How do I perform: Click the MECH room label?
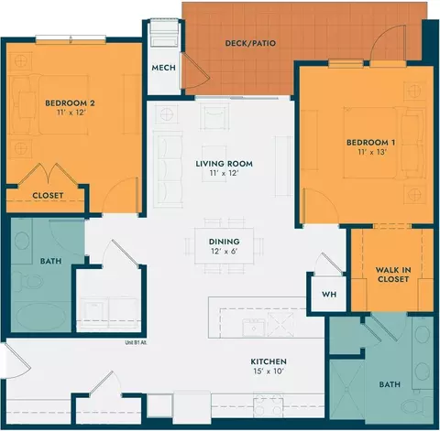163,68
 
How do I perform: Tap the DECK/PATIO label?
250,43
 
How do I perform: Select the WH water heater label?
329,295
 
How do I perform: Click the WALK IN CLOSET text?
393,275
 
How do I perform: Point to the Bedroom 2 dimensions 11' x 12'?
71,113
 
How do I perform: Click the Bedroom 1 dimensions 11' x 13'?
372,152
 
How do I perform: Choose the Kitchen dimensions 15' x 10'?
269,372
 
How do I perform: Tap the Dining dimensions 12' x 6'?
224,252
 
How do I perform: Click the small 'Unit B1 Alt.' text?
136,342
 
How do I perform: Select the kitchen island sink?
254,328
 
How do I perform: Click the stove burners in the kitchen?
269,404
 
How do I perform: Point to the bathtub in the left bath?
40,317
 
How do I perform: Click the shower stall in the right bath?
346,390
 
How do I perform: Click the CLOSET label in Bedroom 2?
48,196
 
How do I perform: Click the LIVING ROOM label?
224,164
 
